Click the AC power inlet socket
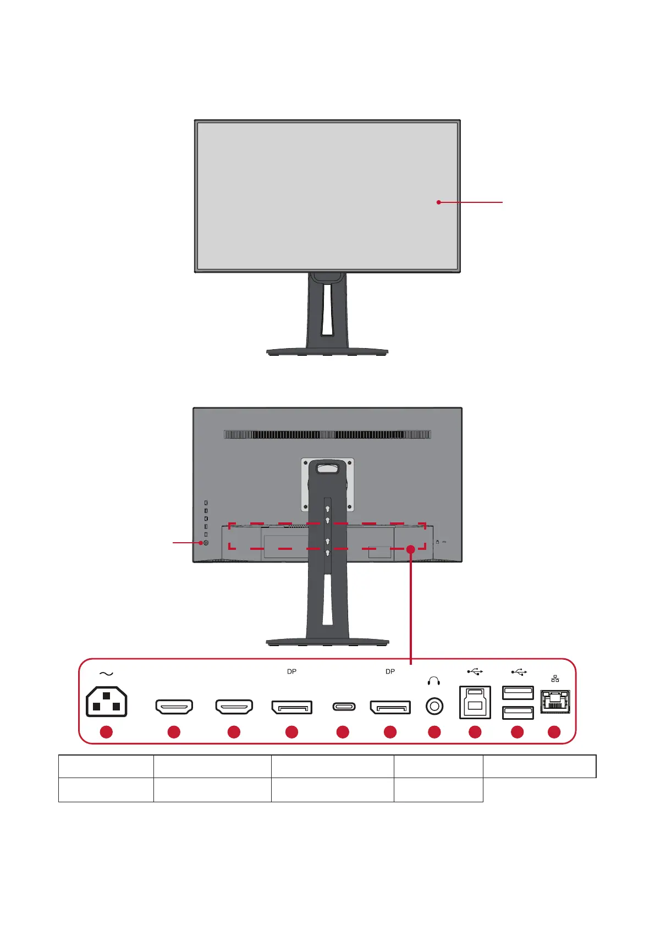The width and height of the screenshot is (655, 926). coord(107,702)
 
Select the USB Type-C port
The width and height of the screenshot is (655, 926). coord(344,707)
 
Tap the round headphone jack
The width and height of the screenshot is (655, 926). coord(434,706)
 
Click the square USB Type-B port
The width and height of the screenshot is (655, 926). coord(475,703)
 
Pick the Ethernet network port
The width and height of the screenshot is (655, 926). coord(555,702)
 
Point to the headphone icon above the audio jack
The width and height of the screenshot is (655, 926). coord(434,681)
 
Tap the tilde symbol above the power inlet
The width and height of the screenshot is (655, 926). coord(106,674)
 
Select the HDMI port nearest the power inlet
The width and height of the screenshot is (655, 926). coord(174,707)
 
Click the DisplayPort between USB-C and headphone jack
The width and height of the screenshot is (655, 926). coord(390,707)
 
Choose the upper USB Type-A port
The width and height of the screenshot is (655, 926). coord(518,693)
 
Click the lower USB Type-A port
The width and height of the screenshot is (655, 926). coord(518,713)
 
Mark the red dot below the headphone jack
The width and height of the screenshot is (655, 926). coord(434,732)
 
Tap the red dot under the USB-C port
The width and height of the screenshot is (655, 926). coord(343,732)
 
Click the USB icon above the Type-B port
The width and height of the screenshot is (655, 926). coord(475,671)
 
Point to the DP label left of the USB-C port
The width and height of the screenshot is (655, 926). coord(291,671)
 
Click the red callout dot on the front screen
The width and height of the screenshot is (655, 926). coord(439,202)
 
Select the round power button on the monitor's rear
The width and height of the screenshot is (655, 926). coord(206,543)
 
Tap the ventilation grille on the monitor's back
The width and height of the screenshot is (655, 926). coord(327,434)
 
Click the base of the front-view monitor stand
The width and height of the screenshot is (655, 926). coord(327,351)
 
